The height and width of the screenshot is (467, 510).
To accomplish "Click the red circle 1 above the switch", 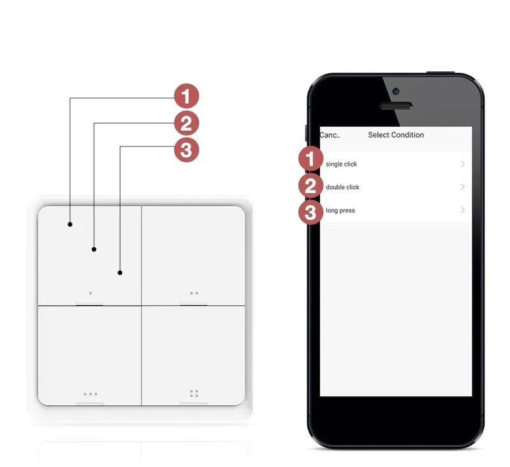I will click(x=186, y=97).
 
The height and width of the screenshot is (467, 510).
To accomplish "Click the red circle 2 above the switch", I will click(x=186, y=124).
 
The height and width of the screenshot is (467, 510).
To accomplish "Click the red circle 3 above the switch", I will click(x=186, y=150).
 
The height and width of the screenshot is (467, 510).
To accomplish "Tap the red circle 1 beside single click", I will click(x=310, y=159).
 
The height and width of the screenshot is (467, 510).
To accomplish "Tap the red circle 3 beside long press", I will click(x=310, y=212).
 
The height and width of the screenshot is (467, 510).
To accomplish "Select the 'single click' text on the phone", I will click(x=341, y=164).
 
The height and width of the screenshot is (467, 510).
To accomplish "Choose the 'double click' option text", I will click(x=342, y=187).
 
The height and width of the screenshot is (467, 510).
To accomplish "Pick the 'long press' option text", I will click(x=340, y=210).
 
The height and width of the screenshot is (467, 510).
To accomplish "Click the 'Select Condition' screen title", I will click(x=396, y=135).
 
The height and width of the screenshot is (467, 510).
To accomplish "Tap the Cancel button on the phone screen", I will click(x=330, y=135).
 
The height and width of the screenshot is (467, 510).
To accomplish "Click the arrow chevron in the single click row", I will click(x=463, y=164).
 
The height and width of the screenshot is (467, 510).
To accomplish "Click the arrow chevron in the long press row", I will click(x=463, y=210).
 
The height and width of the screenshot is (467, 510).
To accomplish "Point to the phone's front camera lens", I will click(x=396, y=91).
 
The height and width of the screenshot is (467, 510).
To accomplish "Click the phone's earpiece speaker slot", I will click(x=396, y=105).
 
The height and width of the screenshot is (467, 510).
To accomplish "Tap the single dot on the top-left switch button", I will click(x=91, y=294).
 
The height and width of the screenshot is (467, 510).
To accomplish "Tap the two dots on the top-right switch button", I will click(x=194, y=294).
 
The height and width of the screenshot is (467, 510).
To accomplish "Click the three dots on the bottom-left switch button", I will click(x=91, y=394).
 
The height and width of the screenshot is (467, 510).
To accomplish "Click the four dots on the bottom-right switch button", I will click(x=194, y=393).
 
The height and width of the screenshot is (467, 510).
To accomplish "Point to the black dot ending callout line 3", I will click(x=120, y=273).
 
